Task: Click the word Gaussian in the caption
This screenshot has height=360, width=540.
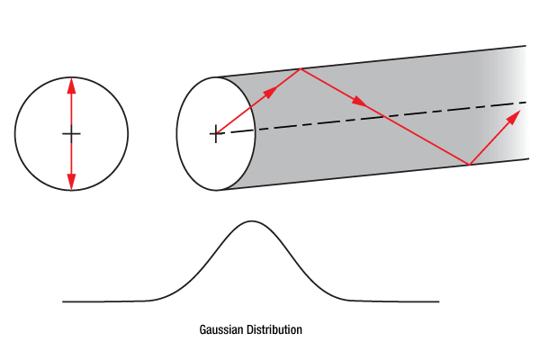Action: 221,330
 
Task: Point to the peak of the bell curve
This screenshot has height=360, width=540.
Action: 252,221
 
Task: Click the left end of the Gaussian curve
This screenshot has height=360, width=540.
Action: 64,301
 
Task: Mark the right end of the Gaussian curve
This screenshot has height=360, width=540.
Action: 438,301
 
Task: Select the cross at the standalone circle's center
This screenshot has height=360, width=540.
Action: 72,134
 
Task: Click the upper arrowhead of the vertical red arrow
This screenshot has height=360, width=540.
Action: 72,85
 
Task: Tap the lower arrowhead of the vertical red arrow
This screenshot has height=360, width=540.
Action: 72,183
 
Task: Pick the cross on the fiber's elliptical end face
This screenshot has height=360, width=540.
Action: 214,134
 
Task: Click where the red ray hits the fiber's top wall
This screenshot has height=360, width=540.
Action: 300,69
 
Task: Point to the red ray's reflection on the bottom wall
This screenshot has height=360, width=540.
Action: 469,165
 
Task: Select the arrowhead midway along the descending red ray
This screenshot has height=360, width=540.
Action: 359,103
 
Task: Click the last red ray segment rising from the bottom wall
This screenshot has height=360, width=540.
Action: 490,141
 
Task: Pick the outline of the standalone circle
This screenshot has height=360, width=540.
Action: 15,134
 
